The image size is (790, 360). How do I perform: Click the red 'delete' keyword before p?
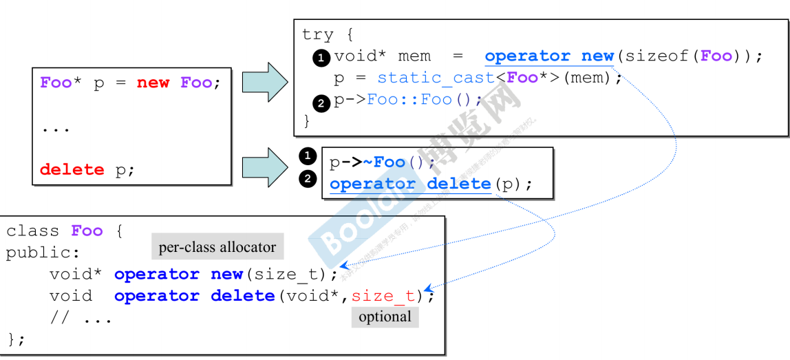[72, 169]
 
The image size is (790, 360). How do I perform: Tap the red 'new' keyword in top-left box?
[153, 83]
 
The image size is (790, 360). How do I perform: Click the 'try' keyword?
[317, 34]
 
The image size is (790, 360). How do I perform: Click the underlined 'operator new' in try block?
[549, 56]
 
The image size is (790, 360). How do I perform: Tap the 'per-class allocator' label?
[217, 247]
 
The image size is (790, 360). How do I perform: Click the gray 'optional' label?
[385, 317]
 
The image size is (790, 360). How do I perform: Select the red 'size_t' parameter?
[383, 296]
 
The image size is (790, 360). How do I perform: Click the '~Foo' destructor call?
[384, 162]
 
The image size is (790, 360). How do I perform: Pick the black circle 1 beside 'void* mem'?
[321, 58]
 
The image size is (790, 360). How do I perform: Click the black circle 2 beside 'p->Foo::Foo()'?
[321, 103]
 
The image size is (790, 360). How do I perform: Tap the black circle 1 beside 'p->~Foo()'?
[308, 156]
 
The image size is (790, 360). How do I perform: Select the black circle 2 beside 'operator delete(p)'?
[308, 179]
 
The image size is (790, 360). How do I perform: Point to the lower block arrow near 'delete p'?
[264, 167]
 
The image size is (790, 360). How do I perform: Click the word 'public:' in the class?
[43, 253]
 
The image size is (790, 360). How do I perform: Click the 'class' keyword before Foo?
[33, 231]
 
